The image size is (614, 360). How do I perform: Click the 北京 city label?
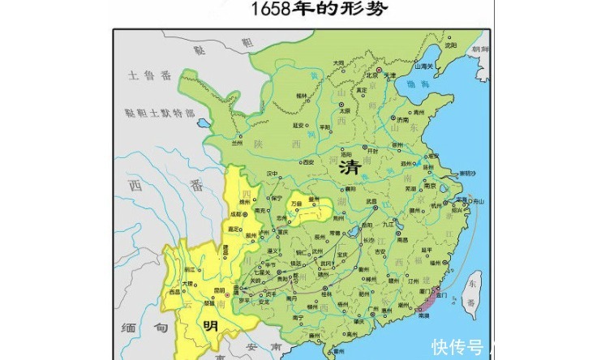click(x=372, y=75)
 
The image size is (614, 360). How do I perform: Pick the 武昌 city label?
click(x=371, y=202)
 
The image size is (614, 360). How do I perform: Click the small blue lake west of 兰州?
click(x=200, y=124)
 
